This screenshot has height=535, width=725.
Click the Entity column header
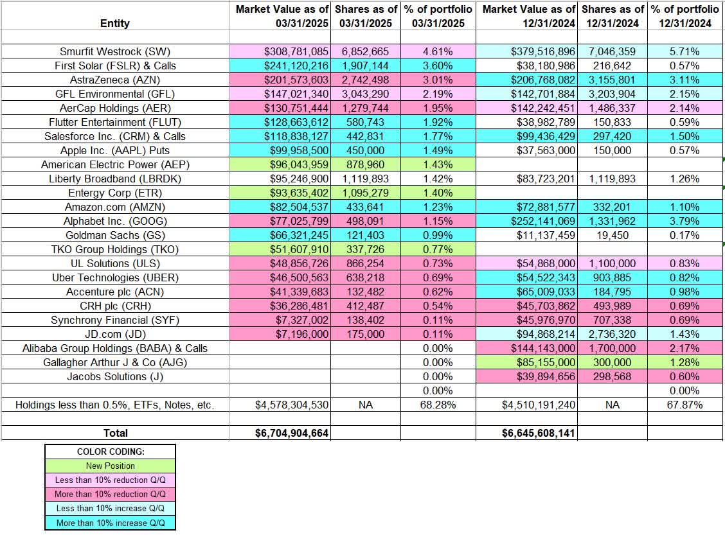[114, 23]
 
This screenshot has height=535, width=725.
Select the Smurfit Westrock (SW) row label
[114, 51]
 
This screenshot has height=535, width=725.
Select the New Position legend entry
[110, 466]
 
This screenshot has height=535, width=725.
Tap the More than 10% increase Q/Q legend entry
[110, 523]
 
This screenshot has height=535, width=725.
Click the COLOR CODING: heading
[110, 452]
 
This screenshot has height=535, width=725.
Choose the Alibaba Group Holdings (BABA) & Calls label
[114, 348]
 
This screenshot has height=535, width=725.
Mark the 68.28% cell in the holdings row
[438, 405]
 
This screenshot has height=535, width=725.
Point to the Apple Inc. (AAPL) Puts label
[114, 150]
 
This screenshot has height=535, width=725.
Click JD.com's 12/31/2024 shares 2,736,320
[611, 334]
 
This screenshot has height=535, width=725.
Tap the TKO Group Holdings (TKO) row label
[114, 249]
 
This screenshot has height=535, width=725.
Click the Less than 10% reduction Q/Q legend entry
[110, 480]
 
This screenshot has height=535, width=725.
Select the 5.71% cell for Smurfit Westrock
[686, 51]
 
